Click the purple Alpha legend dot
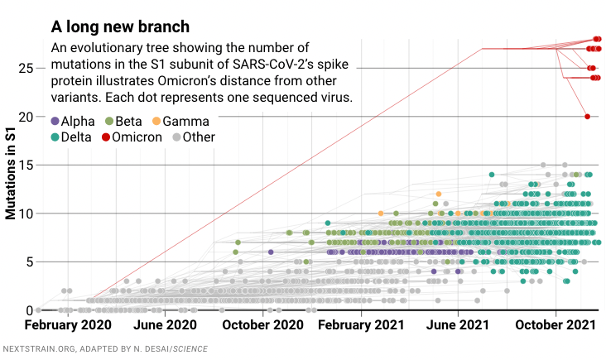pyautogui.click(x=55, y=122)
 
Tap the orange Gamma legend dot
pyautogui.click(x=156, y=122)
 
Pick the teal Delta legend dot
pyautogui.click(x=55, y=137)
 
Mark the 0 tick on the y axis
pyautogui.click(x=29, y=310)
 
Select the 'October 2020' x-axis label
pyautogui.click(x=263, y=326)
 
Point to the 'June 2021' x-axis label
pyautogui.click(x=458, y=326)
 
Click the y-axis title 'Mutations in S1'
pyautogui.click(x=10, y=174)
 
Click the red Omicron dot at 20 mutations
pyautogui.click(x=587, y=117)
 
